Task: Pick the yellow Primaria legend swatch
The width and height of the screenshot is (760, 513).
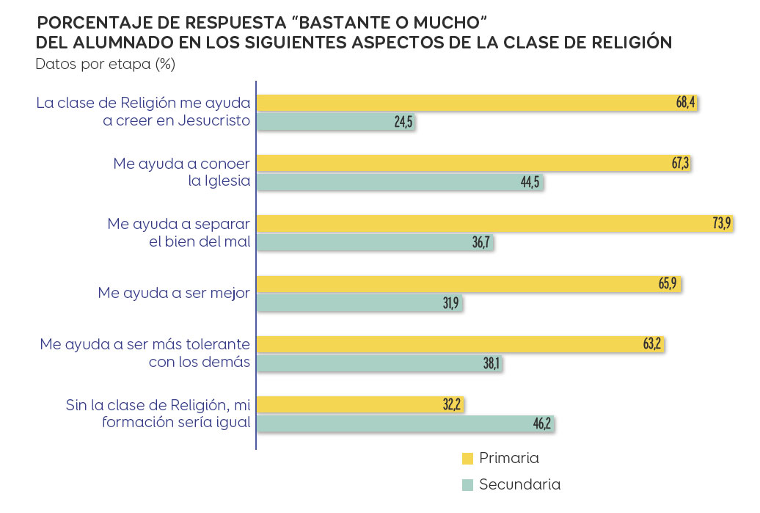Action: tap(467, 459)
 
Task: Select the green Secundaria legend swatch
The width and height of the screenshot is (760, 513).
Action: tap(467, 485)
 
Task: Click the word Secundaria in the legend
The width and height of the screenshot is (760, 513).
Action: tap(519, 484)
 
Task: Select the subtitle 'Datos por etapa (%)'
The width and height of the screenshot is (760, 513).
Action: tap(105, 64)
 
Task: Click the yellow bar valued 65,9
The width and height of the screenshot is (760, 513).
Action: tap(469, 284)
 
